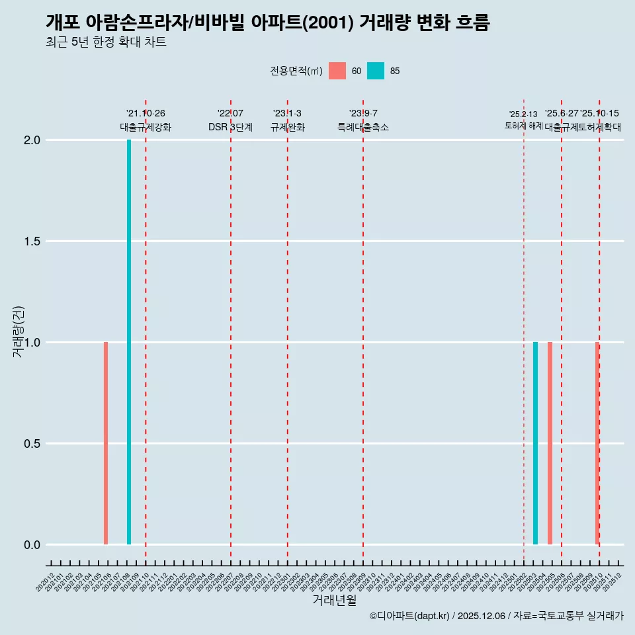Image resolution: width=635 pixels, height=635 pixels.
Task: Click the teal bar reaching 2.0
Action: pyautogui.click(x=129, y=342)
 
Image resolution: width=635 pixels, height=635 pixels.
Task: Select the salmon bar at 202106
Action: pyautogui.click(x=106, y=443)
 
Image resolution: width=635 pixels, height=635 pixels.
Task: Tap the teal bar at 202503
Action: pyautogui.click(x=535, y=443)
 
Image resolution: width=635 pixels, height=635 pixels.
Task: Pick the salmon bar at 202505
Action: pyautogui.click(x=550, y=443)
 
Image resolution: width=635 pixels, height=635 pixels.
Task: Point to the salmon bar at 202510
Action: pyautogui.click(x=597, y=443)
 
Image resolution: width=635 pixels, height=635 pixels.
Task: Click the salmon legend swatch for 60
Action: pyautogui.click(x=337, y=71)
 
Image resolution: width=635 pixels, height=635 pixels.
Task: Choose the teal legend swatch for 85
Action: pyautogui.click(x=376, y=71)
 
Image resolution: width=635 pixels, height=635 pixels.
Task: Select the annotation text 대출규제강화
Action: pyautogui.click(x=146, y=127)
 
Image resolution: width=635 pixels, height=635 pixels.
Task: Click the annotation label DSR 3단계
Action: pyautogui.click(x=230, y=127)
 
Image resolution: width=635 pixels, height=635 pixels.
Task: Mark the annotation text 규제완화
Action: pyautogui.click(x=287, y=127)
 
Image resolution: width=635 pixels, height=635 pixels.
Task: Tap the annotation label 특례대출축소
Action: pyautogui.click(x=363, y=127)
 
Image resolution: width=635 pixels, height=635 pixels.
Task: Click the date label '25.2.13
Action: pyautogui.click(x=523, y=114)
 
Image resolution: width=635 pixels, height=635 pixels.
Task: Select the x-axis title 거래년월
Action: pyautogui.click(x=334, y=600)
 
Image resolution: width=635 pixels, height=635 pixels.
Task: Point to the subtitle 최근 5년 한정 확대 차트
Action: pyautogui.click(x=106, y=42)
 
